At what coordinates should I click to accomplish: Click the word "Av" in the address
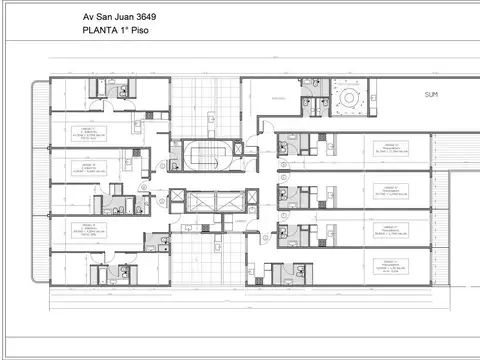[x=88, y=17]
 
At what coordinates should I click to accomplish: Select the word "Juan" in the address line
[x=126, y=17]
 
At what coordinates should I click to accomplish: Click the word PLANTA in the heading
[x=99, y=31]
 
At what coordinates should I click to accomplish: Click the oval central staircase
[x=207, y=157]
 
